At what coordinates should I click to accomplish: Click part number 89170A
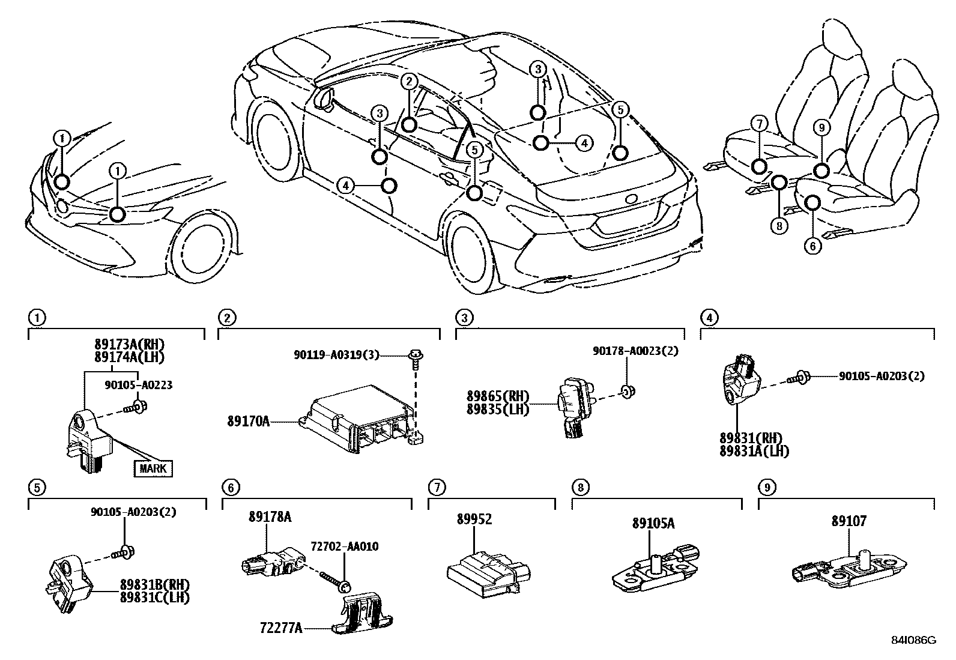pos(248,422)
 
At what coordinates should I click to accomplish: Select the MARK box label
pos(153,468)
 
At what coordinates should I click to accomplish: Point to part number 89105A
pos(653,524)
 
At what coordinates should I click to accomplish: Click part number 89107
pos(849,521)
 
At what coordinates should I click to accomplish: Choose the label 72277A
pos(281,628)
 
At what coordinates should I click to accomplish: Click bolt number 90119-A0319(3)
pos(337,355)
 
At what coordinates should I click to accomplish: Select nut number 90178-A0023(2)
pos(635,351)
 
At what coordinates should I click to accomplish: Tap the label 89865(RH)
pos(498,396)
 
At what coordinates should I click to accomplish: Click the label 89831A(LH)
pos(754,451)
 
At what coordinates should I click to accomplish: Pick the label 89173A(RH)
pos(129,345)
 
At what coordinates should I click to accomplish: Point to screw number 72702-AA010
pos(345,546)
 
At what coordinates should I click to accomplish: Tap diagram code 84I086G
pos(914,640)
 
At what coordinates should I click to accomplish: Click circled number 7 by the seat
pos(759,124)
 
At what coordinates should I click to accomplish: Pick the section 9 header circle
pos(764,487)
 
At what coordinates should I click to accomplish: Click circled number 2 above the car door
pos(408,81)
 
